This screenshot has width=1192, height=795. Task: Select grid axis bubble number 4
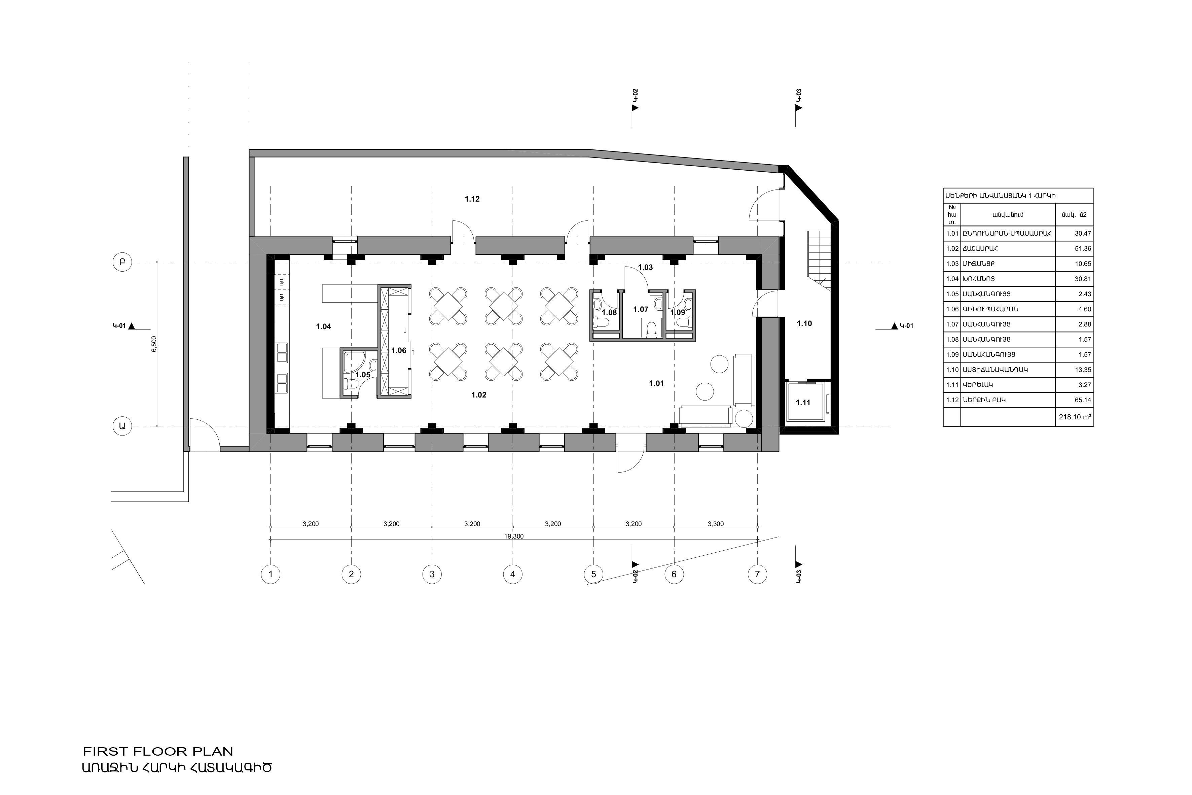512,575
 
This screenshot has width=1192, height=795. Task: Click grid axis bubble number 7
757,575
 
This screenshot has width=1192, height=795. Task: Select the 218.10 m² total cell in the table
1075,418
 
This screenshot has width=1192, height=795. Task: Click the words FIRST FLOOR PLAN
158,751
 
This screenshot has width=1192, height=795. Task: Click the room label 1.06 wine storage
399,351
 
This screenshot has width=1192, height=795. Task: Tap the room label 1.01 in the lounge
656,384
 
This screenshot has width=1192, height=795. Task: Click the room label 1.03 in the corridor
645,268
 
